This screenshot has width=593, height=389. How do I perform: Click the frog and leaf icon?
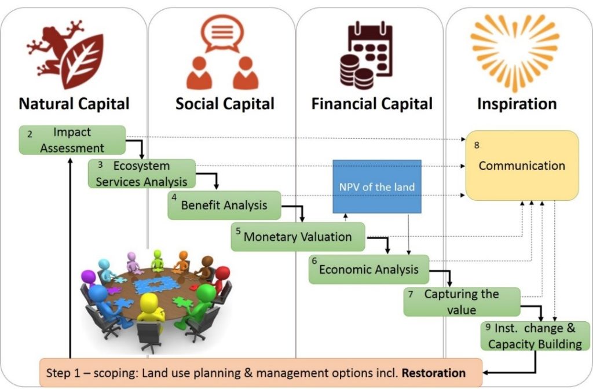pos(65,52)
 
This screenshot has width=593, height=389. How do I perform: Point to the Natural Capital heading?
pos(74,104)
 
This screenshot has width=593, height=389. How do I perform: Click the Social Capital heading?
pos(225,104)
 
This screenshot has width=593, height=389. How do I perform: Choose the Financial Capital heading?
pos(372,104)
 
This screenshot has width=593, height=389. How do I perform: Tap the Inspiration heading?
pos(517,104)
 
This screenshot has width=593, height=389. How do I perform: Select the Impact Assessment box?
pos(72,140)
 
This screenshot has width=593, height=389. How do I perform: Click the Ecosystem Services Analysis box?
pos(142,174)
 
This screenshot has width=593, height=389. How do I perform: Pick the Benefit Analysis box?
pos(224,205)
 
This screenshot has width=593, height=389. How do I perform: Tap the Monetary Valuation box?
pos(298,237)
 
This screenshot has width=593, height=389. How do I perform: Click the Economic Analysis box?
pos(368,269)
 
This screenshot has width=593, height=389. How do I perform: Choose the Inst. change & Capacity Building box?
pos(535,336)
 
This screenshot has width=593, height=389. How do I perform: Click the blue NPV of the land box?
pos(376,186)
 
